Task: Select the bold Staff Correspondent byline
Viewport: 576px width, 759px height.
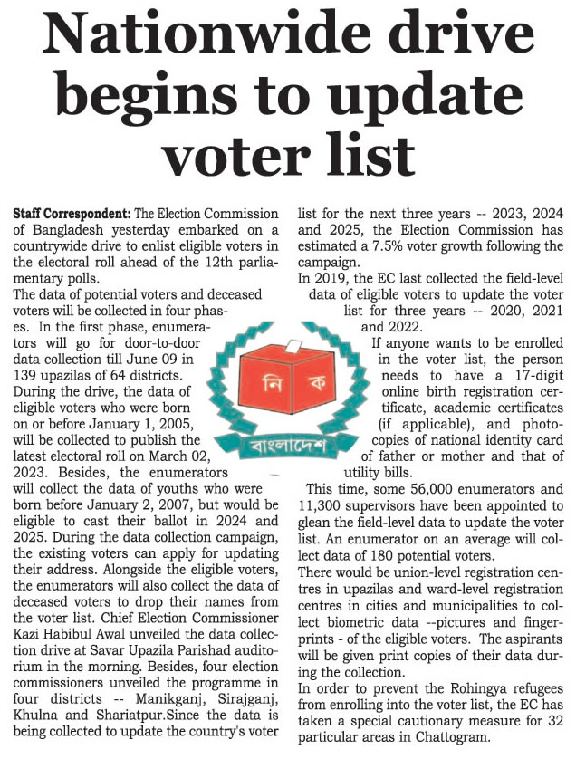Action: tap(72, 215)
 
